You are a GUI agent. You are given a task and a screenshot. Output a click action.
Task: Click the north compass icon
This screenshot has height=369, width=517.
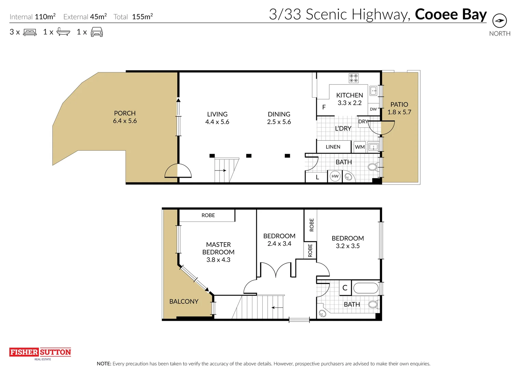pyautogui.click(x=499, y=21)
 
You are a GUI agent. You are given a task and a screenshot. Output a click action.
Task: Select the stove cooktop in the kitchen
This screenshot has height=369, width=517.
pyautogui.click(x=353, y=78)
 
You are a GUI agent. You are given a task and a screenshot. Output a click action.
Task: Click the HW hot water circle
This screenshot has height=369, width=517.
pyautogui.click(x=335, y=176)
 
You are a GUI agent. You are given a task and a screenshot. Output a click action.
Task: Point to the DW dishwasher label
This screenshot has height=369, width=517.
pyautogui.click(x=373, y=109)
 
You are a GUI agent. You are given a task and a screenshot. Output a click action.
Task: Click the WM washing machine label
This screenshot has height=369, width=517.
pyautogui.click(x=360, y=147)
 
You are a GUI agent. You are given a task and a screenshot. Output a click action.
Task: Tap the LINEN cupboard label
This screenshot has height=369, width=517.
pyautogui.click(x=333, y=147)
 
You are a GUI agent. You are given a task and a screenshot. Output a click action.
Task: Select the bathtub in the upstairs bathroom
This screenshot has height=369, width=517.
pyautogui.click(x=366, y=288)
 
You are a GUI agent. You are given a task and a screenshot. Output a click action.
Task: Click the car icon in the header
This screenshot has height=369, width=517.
pyautogui.click(x=97, y=32)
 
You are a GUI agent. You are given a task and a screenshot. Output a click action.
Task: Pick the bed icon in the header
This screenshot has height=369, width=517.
pyautogui.click(x=30, y=32)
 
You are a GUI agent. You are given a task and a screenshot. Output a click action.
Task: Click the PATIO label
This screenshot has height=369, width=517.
pyautogui.click(x=399, y=105)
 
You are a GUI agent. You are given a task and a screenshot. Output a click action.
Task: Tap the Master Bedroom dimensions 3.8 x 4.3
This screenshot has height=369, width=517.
pyautogui.click(x=218, y=260)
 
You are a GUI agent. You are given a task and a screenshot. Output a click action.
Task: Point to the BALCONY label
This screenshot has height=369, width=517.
pyautogui.click(x=184, y=301)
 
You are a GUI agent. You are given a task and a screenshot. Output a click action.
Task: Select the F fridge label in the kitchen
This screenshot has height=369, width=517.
pyautogui.click(x=324, y=107)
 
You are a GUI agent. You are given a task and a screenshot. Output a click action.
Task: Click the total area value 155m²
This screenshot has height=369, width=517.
pyautogui.click(x=142, y=17)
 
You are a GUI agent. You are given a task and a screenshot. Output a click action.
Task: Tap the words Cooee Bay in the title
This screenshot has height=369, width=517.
pyautogui.click(x=450, y=14)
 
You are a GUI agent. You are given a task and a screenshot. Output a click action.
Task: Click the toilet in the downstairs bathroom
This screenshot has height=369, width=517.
pyautogui.click(x=373, y=167)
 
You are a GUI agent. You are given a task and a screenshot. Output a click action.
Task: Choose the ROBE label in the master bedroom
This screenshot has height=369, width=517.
pyautogui.click(x=208, y=215)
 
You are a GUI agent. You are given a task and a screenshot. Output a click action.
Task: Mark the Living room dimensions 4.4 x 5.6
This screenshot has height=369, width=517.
pyautogui.click(x=217, y=122)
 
